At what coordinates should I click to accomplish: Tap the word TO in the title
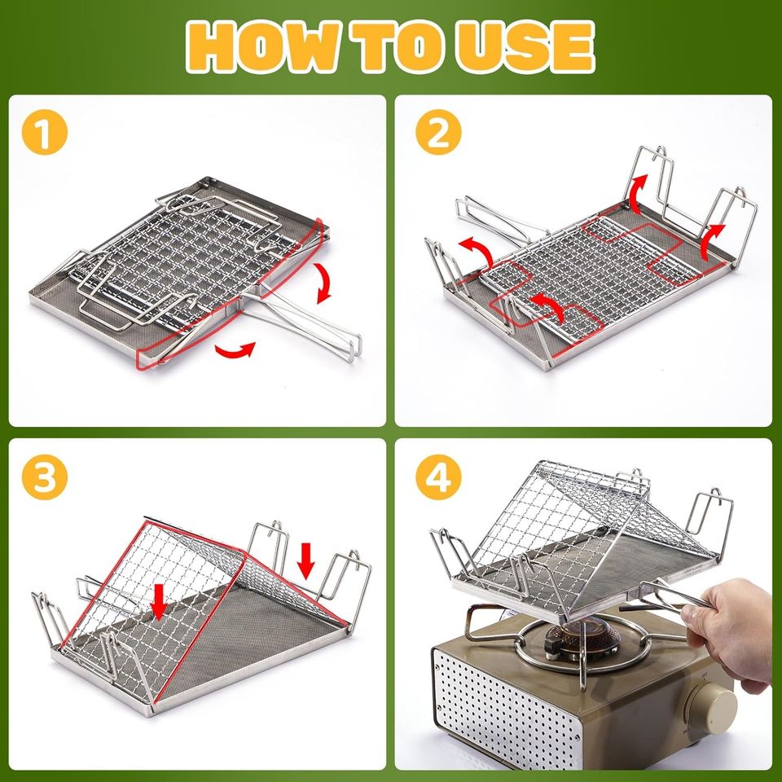pos(394,46)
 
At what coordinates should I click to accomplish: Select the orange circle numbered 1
pos(46,134)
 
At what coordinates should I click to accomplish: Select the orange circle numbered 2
pos(437,134)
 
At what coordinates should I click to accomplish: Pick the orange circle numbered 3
pos(46,479)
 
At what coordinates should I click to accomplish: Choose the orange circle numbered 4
pos(437,479)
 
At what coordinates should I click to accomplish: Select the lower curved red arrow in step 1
pos(235,350)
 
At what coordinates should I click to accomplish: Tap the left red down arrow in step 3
pos(160,600)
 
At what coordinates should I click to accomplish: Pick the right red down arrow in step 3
pos(306,560)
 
